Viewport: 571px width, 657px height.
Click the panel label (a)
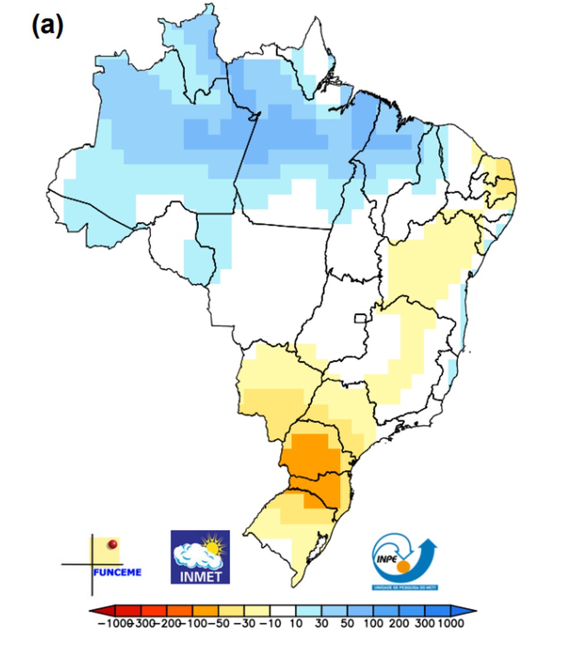point(47,26)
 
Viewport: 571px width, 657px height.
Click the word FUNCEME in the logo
point(117,572)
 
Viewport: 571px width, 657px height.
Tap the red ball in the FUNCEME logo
point(113,544)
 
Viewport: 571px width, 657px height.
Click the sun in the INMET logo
point(212,546)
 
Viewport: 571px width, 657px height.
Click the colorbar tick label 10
point(296,624)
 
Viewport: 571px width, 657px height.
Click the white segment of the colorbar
point(283,611)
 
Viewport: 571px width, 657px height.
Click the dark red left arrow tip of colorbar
point(95,611)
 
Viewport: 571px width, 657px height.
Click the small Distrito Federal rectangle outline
point(361,318)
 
